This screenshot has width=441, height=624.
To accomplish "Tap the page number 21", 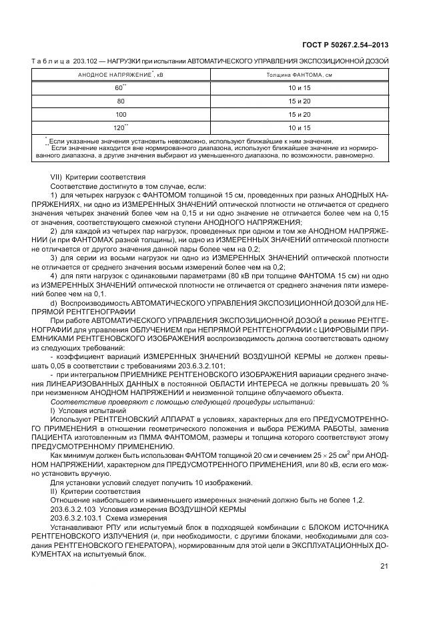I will (384, 567).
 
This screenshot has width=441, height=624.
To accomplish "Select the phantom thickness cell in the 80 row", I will (300, 101).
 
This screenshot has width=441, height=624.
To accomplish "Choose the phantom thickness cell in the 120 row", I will (300, 127).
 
